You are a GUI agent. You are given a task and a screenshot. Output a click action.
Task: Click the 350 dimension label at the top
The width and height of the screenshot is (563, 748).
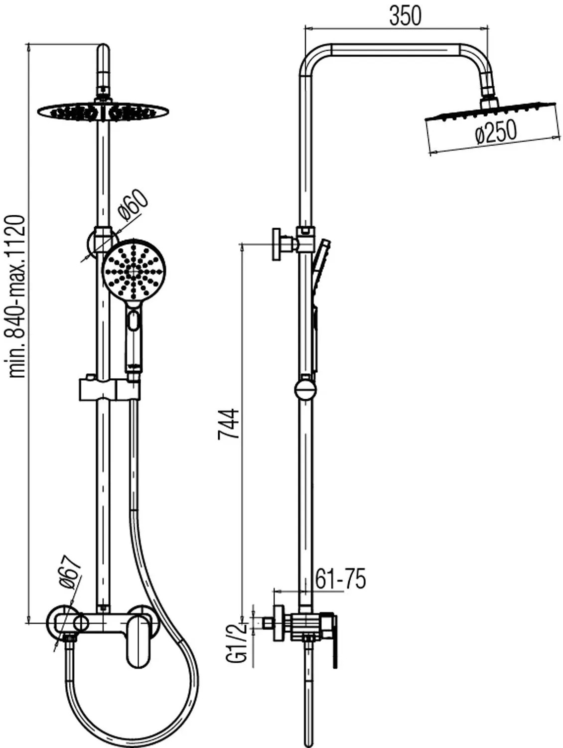click(405, 16)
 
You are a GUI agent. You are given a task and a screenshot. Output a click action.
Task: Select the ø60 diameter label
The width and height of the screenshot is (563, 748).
click(133, 205)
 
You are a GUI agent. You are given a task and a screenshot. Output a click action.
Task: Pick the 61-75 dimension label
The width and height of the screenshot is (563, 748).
click(341, 579)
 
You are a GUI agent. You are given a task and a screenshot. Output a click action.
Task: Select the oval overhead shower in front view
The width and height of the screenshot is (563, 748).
click(103, 111)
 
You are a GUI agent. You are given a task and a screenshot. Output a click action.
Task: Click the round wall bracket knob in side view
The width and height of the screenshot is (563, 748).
click(277, 244)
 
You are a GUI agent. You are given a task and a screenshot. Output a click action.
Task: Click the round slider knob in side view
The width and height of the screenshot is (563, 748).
click(305, 390)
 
